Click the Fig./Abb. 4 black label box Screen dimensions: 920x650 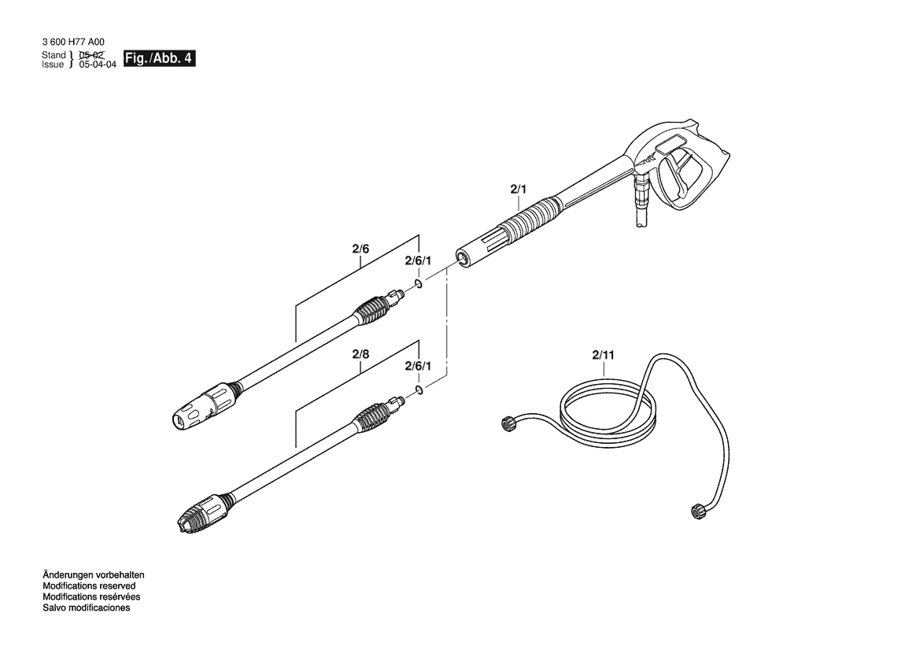[159, 58]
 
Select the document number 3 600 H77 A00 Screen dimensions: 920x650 [73, 42]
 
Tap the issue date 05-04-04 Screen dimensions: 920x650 [98, 65]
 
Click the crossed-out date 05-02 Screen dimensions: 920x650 [91, 55]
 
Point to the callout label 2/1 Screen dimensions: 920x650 [518, 189]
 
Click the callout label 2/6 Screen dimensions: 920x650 [360, 249]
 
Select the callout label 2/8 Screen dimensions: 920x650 [360, 354]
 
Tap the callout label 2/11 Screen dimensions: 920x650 [603, 354]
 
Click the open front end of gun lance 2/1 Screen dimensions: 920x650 [463, 258]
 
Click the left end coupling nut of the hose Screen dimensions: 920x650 [507, 423]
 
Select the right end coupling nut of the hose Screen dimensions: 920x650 [697, 510]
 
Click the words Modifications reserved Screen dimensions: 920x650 [89, 586]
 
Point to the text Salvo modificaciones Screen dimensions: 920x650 [87, 608]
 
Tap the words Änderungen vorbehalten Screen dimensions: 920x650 [94, 575]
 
